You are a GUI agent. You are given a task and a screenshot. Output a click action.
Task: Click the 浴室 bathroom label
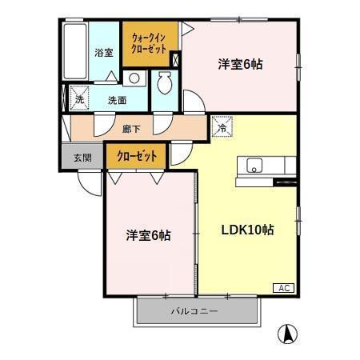pos(104,52)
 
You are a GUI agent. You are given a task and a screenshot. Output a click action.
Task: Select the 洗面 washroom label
pos(118,101)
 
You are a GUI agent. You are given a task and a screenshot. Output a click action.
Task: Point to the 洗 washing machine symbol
pos(79,100)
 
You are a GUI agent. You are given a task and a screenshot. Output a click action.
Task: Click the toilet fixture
pos(166,82)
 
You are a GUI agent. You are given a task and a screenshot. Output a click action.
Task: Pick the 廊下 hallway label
pos(130,128)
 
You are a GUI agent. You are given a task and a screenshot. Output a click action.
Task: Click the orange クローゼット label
pos(137,155)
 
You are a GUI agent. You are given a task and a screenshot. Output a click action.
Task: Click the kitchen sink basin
pos(255,166)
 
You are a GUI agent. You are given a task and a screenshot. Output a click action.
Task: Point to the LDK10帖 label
pos(248,230)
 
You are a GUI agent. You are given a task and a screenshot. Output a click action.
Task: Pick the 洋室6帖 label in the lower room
pos(148,235)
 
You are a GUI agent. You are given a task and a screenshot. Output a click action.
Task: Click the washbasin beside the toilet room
pos(134,78)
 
